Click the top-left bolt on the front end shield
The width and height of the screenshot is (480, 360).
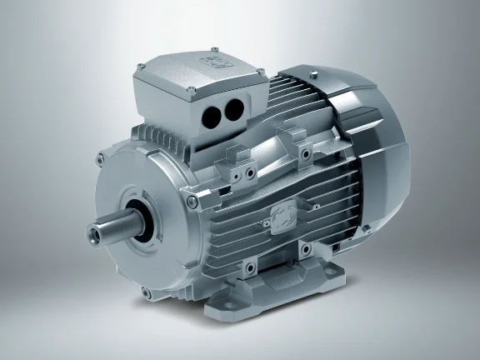pos(101,157)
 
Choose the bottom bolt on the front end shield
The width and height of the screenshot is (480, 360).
pos(147,291)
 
